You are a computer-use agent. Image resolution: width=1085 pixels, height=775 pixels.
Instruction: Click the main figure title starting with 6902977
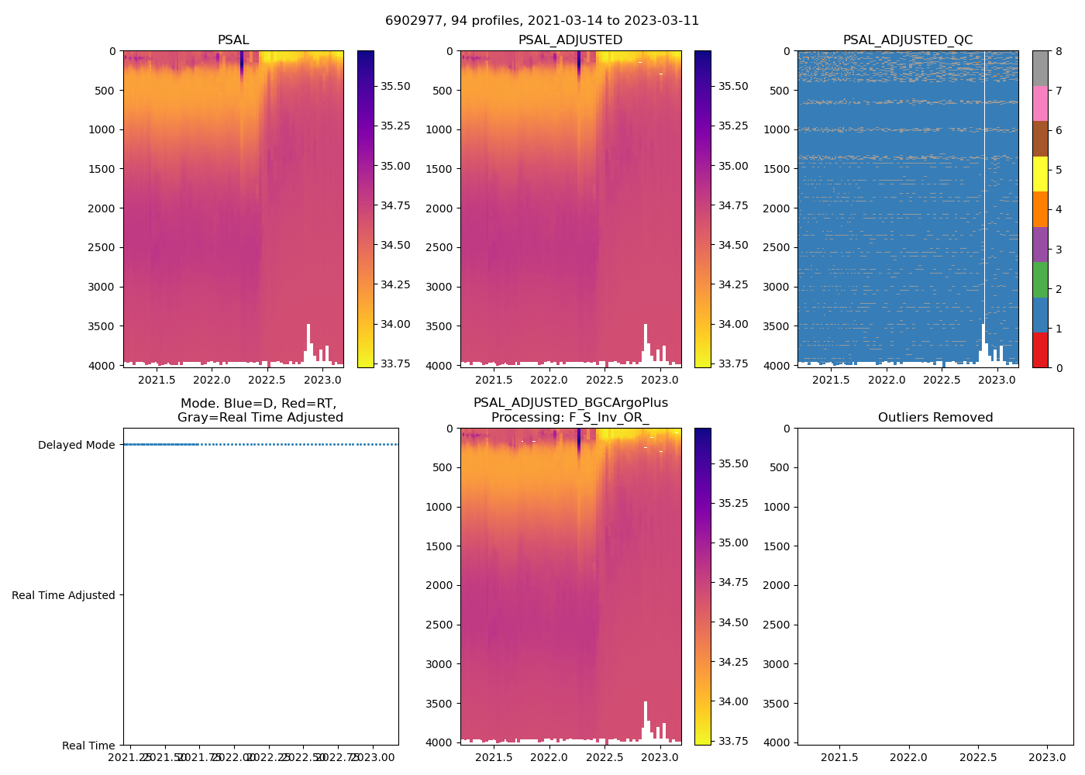(542, 21)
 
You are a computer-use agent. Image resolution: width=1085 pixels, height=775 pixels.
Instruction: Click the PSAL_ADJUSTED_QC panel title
(908, 40)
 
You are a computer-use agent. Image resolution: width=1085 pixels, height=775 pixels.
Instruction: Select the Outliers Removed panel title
(935, 418)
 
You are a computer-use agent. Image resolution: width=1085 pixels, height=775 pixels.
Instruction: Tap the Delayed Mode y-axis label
(76, 445)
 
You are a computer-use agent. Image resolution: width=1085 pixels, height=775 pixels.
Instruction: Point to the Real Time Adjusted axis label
(64, 595)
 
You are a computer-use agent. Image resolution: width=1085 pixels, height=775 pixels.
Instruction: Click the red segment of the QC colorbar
(1040, 350)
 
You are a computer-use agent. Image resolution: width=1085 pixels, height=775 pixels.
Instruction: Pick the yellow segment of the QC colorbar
(1040, 174)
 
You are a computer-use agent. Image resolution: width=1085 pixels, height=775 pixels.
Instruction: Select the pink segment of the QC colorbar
(1040, 103)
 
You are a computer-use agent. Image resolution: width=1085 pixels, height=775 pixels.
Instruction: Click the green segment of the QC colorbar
(1040, 279)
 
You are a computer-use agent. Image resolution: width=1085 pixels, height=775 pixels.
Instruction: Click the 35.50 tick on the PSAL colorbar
(395, 86)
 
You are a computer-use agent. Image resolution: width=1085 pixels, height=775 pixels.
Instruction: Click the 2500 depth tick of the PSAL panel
(103, 247)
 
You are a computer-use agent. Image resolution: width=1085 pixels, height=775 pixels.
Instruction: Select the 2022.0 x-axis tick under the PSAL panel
(212, 380)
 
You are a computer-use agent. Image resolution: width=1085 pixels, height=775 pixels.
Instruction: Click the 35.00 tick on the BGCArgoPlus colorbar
(733, 542)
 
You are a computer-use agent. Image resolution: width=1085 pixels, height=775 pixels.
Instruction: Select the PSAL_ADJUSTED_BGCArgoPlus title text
(570, 403)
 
